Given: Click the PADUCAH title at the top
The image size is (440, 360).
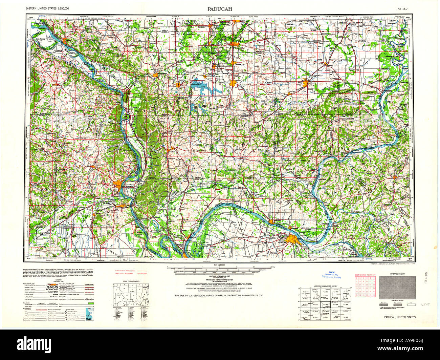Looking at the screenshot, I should [x=220, y=9].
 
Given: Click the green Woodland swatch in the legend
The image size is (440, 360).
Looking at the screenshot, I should [x=90, y=304].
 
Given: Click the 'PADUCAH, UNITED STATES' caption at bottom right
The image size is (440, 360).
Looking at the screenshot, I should [x=400, y=317].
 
